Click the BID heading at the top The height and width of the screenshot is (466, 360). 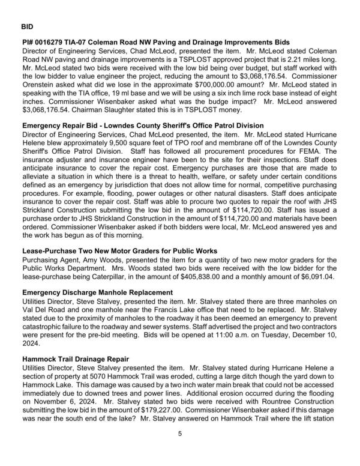pos(27,27)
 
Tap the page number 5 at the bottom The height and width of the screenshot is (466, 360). pos(179,450)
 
